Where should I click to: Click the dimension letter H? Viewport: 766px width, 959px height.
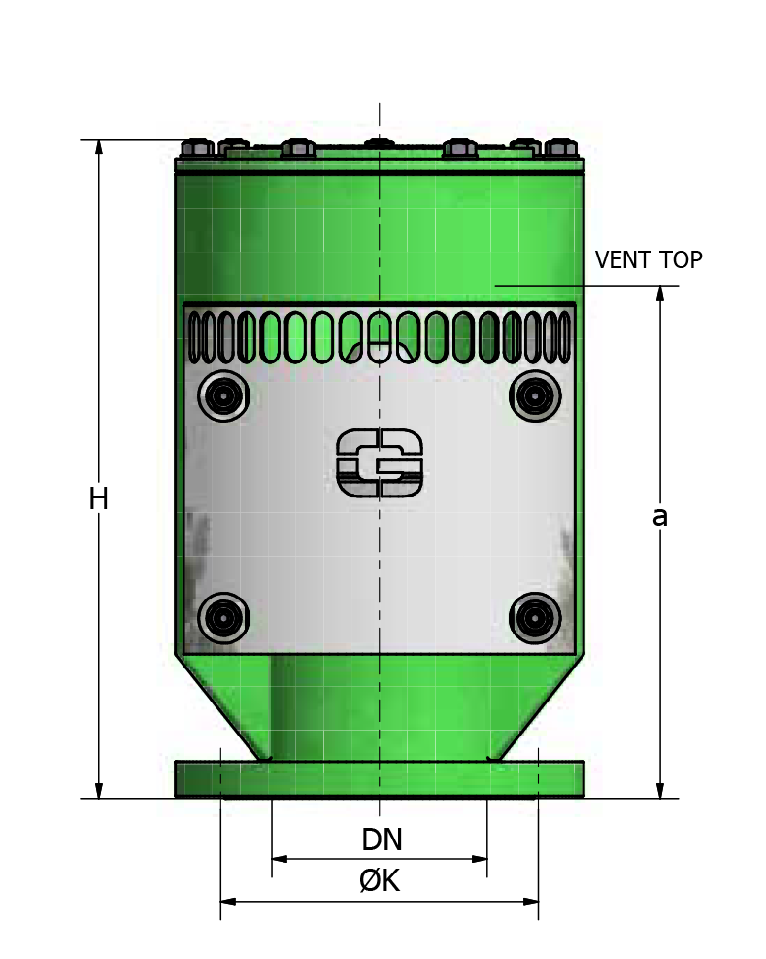coord(98,498)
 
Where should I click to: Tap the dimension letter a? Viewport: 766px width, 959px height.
coord(659,516)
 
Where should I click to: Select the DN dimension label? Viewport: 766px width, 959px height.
coord(383,839)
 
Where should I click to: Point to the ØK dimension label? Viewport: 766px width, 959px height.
coord(380,880)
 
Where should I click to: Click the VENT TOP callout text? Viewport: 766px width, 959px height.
coord(649,260)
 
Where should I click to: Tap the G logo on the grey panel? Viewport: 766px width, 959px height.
coord(380,462)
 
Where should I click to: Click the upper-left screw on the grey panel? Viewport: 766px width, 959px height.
coord(223,395)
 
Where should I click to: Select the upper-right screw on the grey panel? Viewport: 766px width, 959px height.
coord(535,395)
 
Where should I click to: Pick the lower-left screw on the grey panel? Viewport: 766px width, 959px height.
coord(223,618)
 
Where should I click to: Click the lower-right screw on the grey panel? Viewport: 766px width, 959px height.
coord(535,618)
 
